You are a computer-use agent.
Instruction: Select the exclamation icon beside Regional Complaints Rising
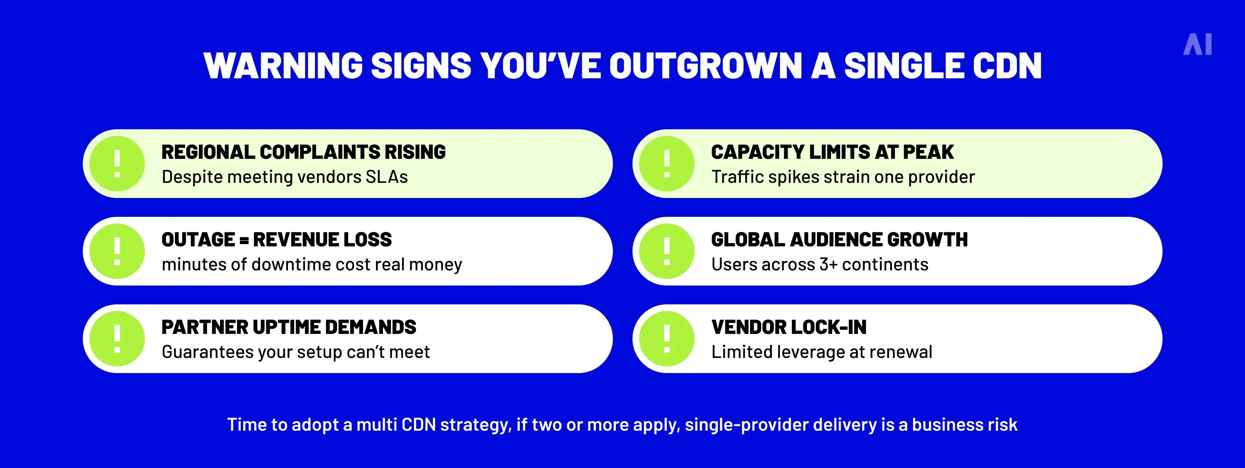pos(117,164)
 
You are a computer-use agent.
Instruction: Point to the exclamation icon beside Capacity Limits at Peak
pos(666,164)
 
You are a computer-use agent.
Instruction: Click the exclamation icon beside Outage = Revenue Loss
pos(117,251)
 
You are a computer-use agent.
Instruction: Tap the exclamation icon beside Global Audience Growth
pos(666,251)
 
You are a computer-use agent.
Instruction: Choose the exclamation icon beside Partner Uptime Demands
pos(117,339)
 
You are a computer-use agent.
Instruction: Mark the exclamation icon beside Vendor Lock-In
pos(666,339)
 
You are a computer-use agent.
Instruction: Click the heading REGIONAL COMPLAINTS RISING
pos(303,152)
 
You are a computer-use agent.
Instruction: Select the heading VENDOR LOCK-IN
pos(789,327)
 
